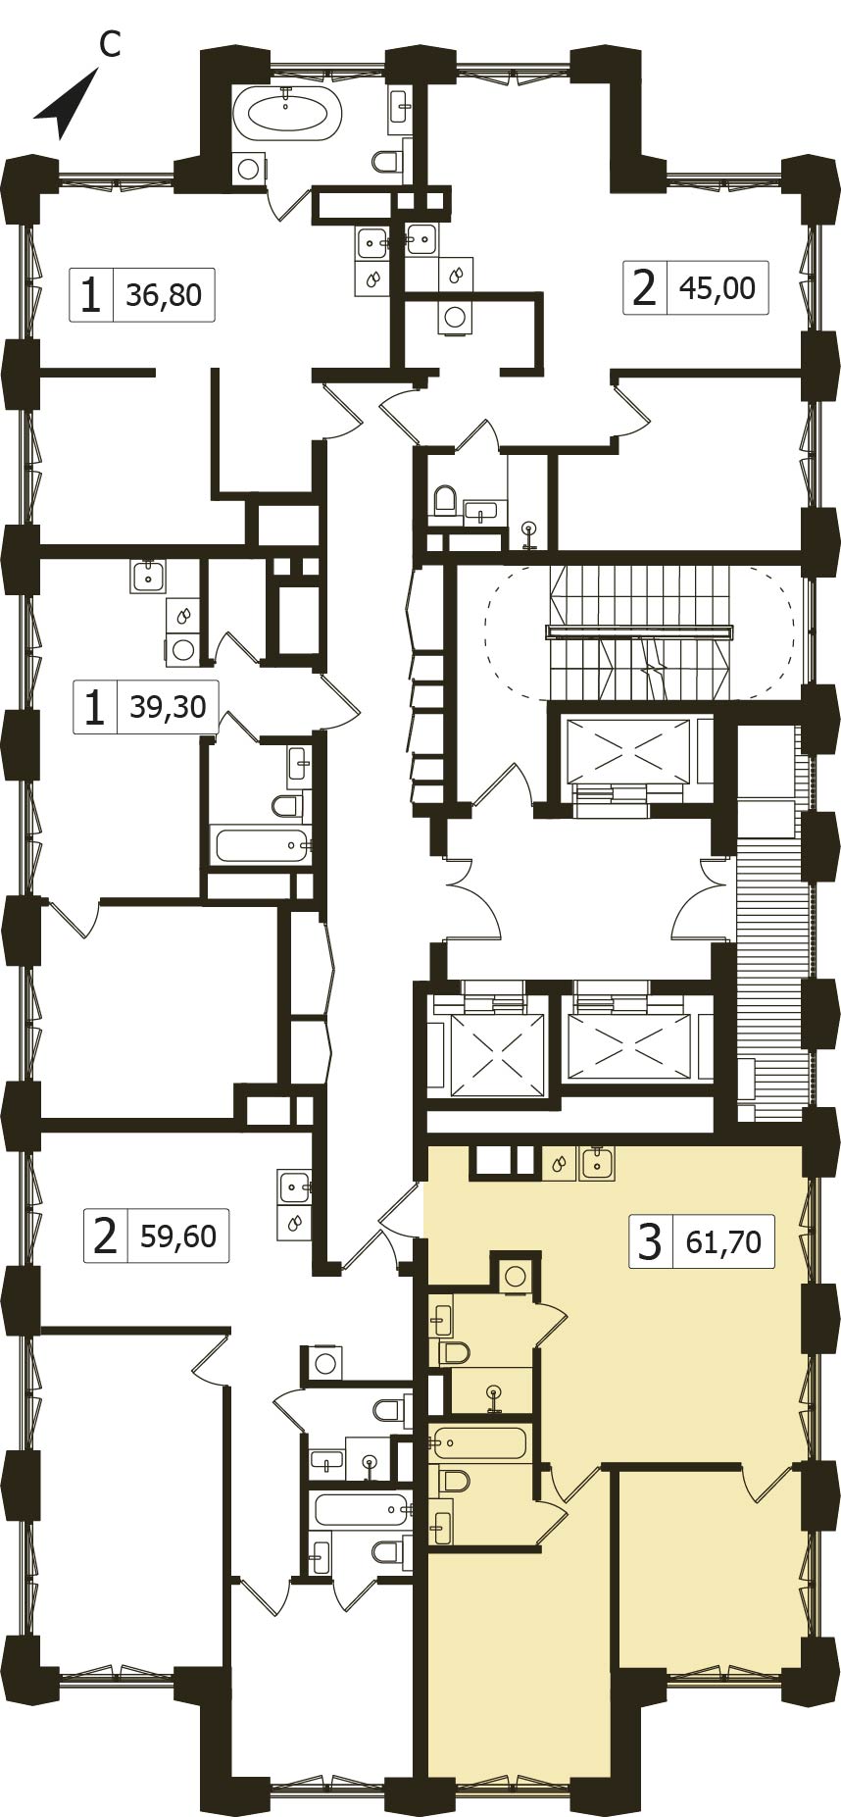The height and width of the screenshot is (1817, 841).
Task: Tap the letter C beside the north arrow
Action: [x=111, y=43]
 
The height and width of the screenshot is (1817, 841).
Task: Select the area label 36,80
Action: [x=164, y=294]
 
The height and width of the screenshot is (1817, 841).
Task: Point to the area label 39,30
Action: [x=169, y=706]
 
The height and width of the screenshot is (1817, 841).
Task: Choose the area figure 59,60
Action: [x=178, y=1236]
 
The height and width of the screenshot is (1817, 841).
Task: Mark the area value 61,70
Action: [x=724, y=1242]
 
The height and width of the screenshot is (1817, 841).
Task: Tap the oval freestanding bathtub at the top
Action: [x=286, y=112]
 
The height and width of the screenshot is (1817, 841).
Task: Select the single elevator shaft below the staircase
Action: [x=628, y=750]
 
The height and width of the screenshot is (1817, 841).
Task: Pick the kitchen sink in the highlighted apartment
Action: [x=597, y=1163]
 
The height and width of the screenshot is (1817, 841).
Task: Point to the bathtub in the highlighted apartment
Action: [x=480, y=1443]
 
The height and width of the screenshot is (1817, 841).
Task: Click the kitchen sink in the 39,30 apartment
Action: [x=148, y=577]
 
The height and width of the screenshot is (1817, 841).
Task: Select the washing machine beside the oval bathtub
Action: [x=249, y=169]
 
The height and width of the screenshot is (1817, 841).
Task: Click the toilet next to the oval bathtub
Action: [x=390, y=161]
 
